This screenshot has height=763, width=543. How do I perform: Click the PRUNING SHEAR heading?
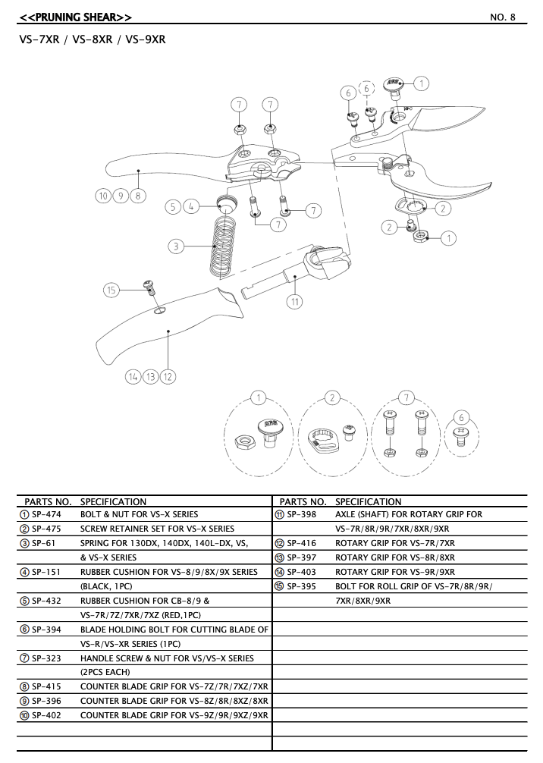tap(75, 17)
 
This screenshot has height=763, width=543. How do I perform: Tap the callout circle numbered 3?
tap(176, 246)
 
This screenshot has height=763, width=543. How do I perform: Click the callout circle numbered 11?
tap(294, 301)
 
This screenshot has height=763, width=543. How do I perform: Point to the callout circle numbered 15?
tap(112, 289)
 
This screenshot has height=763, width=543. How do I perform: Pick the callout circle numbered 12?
tap(168, 376)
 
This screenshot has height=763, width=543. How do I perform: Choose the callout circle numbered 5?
tap(174, 206)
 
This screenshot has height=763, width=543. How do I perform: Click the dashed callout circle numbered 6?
tap(367, 89)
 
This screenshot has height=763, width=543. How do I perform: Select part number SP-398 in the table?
tap(302, 514)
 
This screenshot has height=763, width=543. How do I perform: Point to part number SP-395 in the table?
tap(302, 586)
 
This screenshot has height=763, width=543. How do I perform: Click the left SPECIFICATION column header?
tap(113, 501)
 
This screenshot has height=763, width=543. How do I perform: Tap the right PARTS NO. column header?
tap(303, 501)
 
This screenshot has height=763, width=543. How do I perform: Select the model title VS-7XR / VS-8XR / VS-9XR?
tap(92, 39)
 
